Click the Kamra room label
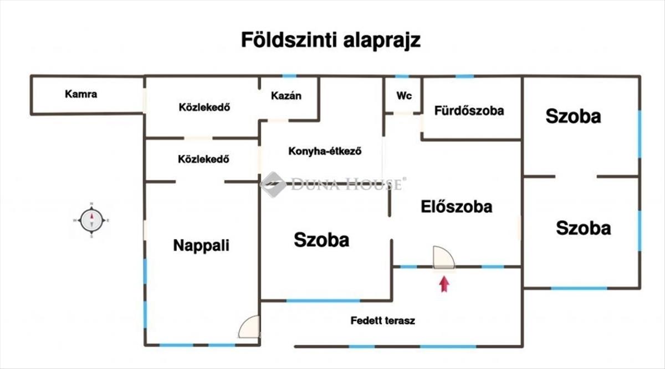(81, 94)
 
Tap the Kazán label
(286, 96)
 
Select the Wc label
(404, 96)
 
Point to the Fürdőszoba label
(469, 111)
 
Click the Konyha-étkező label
(325, 151)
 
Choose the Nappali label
(201, 246)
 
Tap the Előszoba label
(456, 206)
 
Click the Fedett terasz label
(383, 320)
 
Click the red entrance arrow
(444, 284)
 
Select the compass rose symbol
(92, 220)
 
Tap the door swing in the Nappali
(249, 326)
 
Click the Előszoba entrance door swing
(443, 257)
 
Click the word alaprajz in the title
(382, 41)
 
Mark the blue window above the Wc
(402, 76)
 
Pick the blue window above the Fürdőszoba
(464, 76)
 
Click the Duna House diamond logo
(273, 184)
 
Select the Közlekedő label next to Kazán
(204, 107)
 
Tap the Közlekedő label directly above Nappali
(204, 159)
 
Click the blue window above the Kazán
(289, 76)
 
